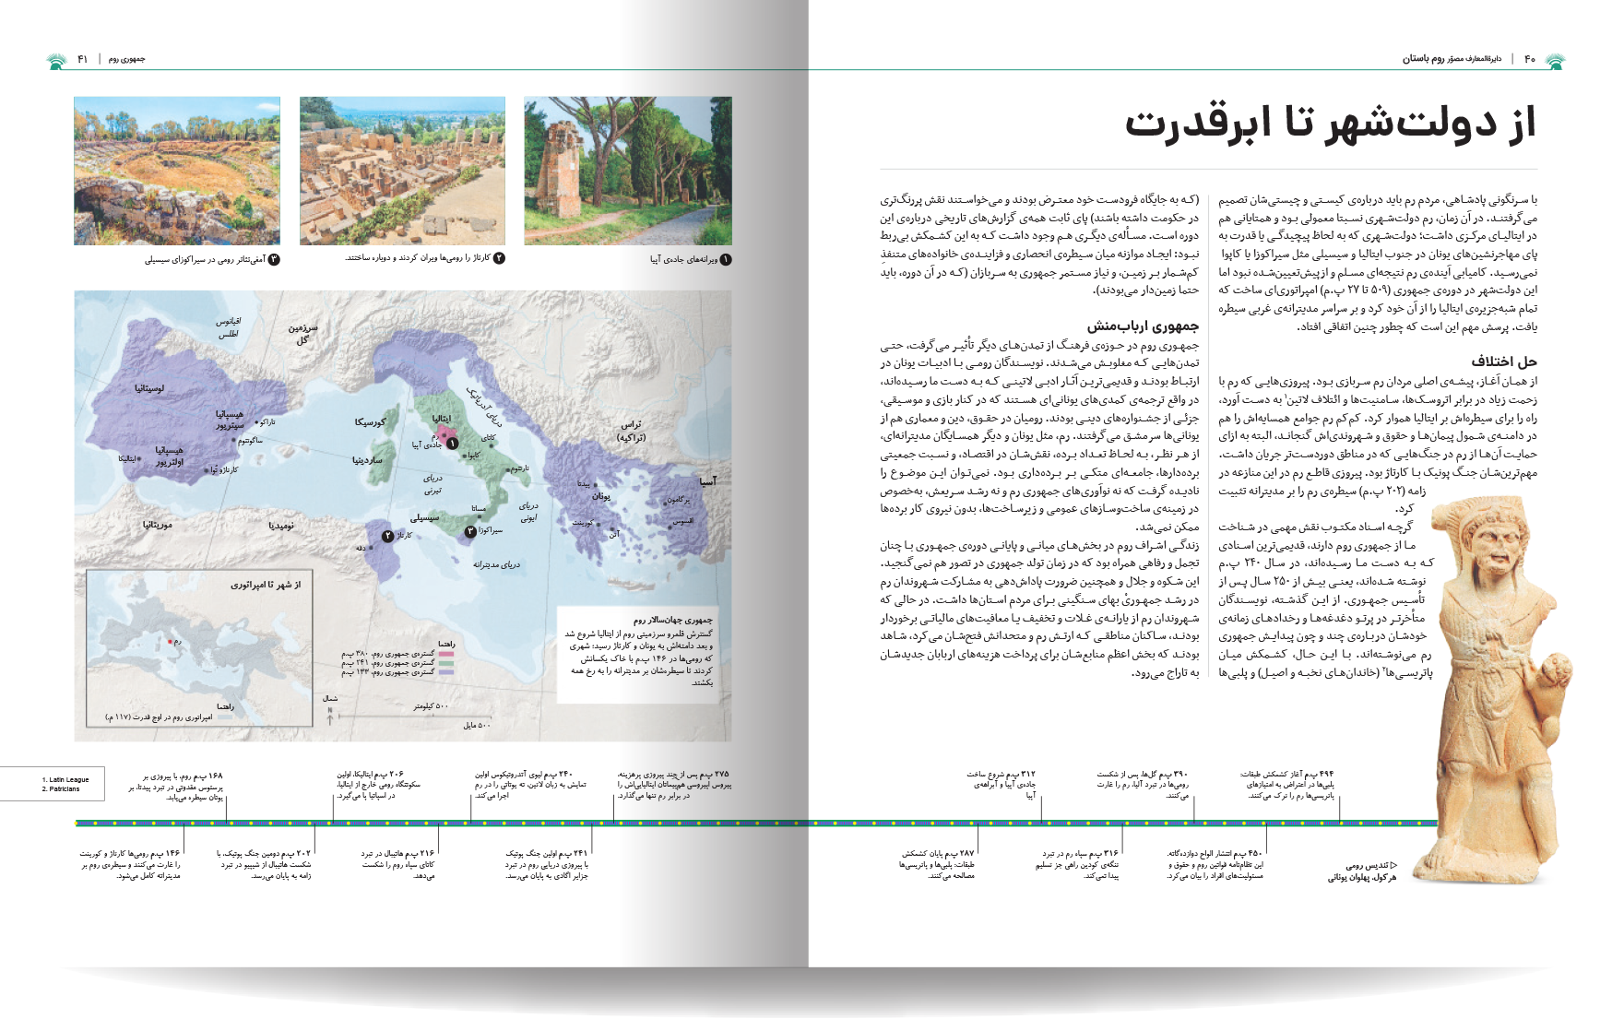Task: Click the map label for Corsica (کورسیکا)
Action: (x=371, y=421)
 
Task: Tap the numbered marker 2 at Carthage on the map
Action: (x=388, y=536)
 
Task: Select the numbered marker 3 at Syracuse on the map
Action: (x=470, y=531)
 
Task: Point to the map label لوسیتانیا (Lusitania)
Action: (x=149, y=388)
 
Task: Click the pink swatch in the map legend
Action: (x=446, y=654)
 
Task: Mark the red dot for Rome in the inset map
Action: (x=170, y=641)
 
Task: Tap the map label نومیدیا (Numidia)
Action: (x=281, y=526)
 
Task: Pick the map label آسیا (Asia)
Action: (x=707, y=480)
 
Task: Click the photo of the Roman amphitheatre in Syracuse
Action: (x=176, y=171)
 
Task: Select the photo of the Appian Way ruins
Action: (x=627, y=171)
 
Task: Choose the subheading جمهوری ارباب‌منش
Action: (x=1143, y=326)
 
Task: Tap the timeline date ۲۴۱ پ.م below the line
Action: (x=574, y=854)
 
